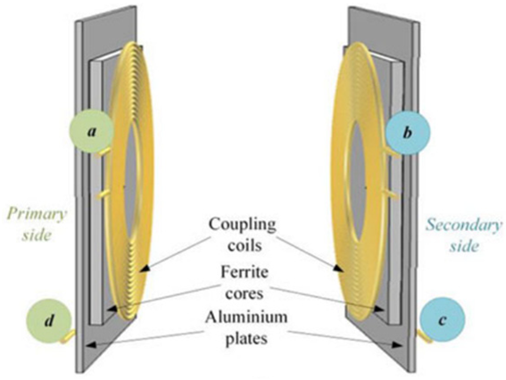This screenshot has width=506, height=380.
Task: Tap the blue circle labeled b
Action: point(408,135)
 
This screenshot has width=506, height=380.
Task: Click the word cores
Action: point(241,291)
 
